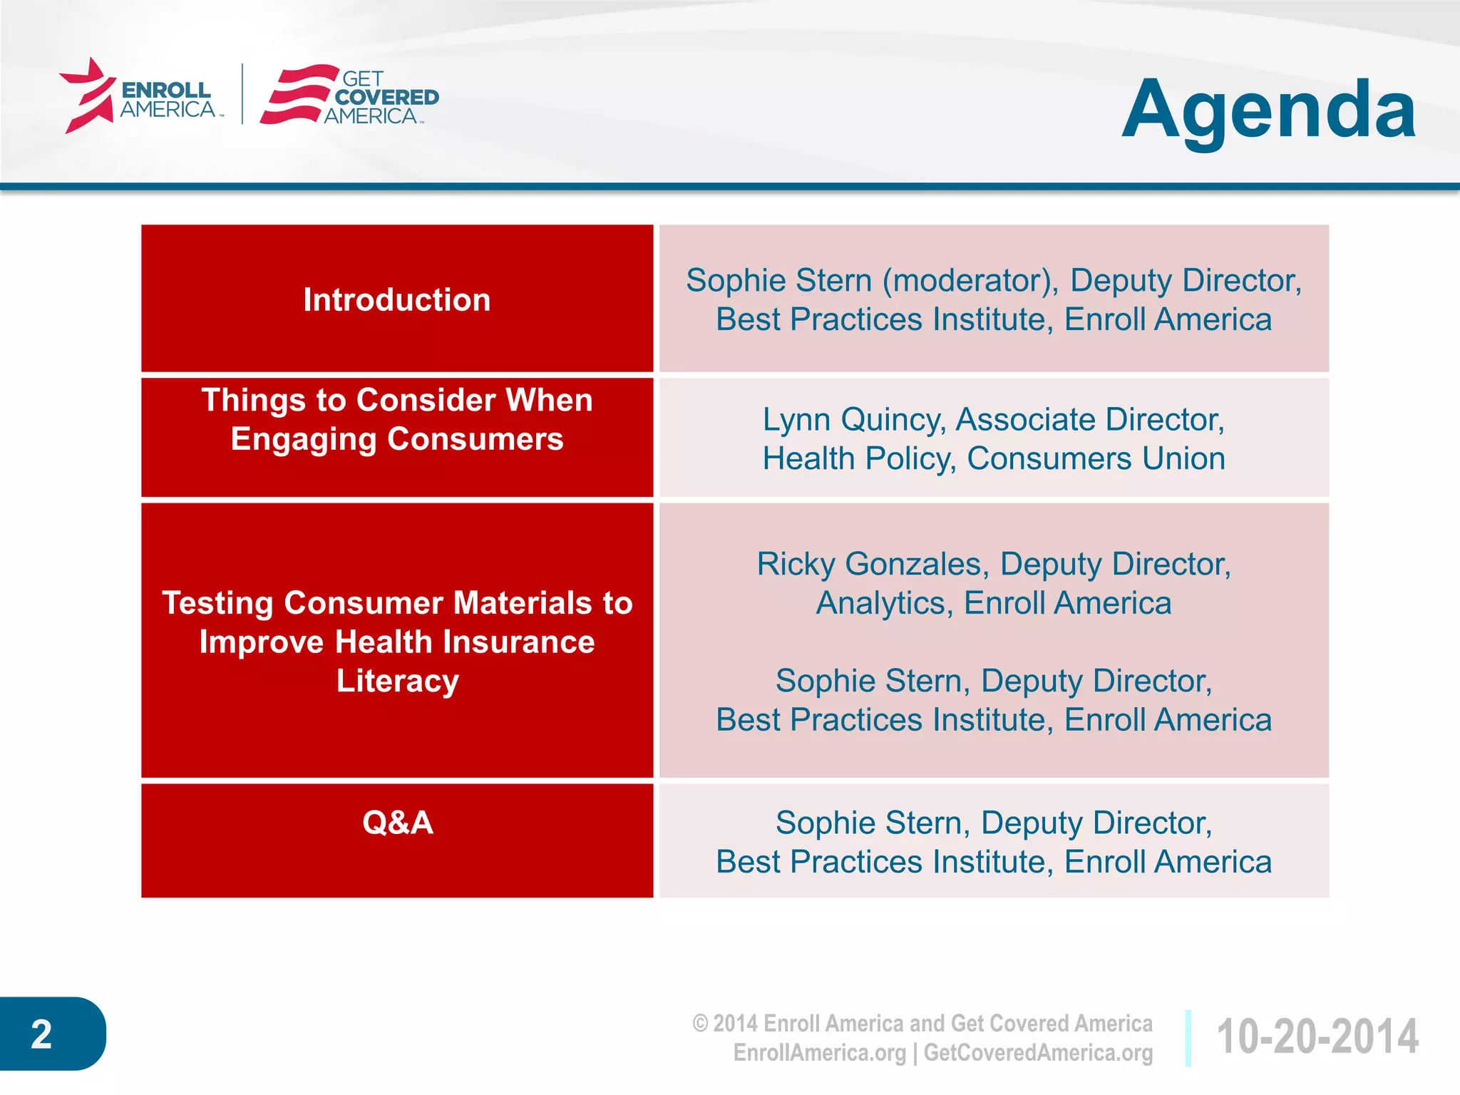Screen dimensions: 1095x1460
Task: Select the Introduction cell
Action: tap(396, 299)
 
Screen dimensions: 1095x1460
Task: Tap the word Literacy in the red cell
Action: tap(397, 681)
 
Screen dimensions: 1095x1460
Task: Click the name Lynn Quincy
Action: tap(853, 420)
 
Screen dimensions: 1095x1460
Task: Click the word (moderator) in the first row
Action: tap(970, 280)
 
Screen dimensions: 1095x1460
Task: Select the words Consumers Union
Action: tap(1095, 458)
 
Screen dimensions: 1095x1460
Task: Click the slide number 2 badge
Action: tap(43, 1034)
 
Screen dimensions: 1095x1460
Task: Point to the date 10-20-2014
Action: tap(1317, 1037)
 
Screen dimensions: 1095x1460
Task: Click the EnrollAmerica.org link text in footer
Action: tap(819, 1053)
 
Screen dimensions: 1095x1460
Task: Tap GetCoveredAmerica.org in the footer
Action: tap(1038, 1053)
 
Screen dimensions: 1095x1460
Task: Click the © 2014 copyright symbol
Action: tap(700, 1024)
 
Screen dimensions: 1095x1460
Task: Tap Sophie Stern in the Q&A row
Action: tap(868, 823)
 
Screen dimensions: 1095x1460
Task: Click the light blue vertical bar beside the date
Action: tap(1188, 1037)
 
